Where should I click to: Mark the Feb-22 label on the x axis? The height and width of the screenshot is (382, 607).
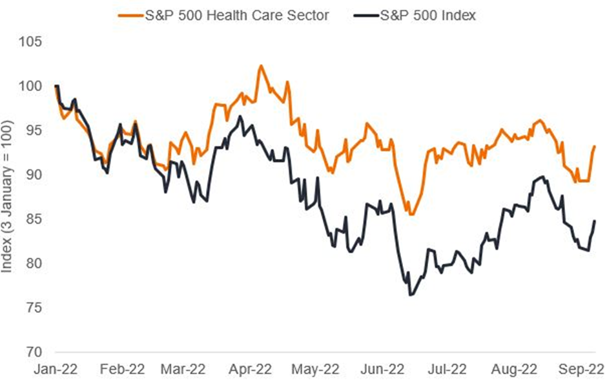click(x=123, y=370)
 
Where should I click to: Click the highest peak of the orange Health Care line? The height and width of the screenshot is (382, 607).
click(x=260, y=65)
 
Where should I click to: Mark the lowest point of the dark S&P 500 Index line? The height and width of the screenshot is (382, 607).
click(x=409, y=295)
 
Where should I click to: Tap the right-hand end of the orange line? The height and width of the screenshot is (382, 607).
click(x=595, y=147)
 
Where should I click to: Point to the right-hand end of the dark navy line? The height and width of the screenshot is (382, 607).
click(x=595, y=221)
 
